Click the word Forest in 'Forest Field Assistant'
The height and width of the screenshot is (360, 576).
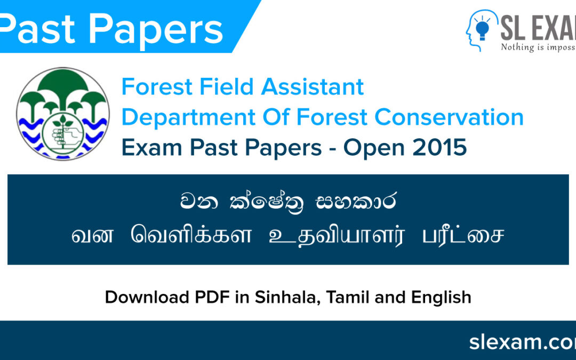point(157,87)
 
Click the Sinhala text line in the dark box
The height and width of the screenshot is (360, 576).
point(288,203)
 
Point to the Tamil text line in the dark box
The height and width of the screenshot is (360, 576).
point(288,236)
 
